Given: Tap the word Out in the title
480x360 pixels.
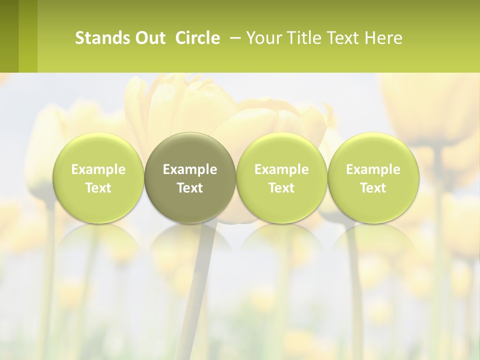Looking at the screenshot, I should coord(148,38).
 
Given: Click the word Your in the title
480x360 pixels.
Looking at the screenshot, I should coord(264,38).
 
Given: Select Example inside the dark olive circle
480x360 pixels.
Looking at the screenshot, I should coord(190,169).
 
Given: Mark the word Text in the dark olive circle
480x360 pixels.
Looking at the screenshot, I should coord(190,188).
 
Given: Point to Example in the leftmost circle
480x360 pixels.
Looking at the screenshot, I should coord(98,169).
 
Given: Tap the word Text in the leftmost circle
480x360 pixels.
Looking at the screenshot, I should coord(98,188).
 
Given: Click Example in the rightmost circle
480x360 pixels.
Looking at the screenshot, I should coord(373,169).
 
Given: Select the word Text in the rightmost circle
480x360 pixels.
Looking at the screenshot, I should coord(373,188).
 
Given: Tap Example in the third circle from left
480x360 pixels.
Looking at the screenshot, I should coord(281,169).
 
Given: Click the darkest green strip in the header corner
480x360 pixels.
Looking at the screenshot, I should coord(9,36).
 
